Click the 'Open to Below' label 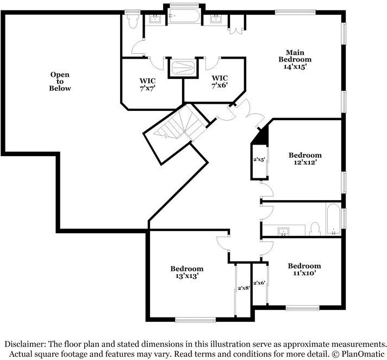(60, 81)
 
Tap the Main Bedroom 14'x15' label (295, 59)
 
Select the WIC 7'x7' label (148, 85)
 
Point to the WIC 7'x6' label (220, 82)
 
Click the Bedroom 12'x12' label (304, 159)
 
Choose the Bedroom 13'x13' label (186, 272)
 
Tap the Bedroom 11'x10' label (304, 269)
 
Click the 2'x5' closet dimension (259, 160)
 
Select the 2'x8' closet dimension (243, 288)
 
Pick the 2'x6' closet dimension (259, 283)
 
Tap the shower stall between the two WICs (183, 68)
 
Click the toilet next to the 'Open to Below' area (133, 21)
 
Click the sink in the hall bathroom (283, 232)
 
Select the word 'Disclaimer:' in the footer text (26, 344)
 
